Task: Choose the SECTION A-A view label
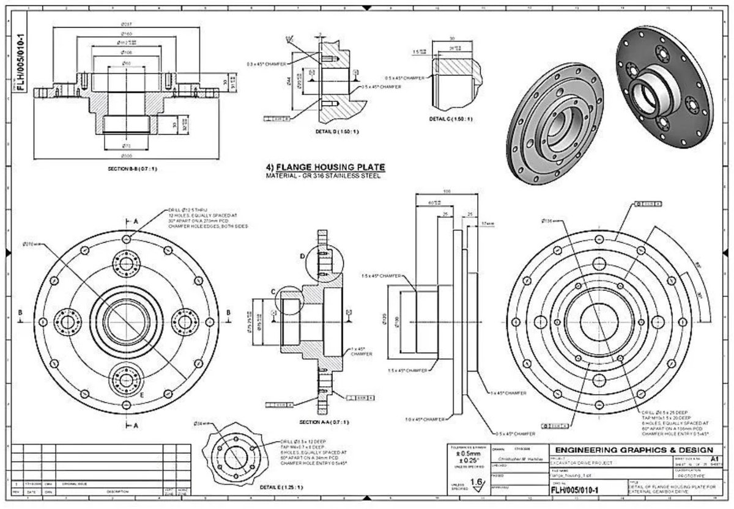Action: tap(324, 422)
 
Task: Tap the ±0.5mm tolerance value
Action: tap(466, 454)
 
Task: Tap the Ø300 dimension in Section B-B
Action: tap(127, 156)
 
